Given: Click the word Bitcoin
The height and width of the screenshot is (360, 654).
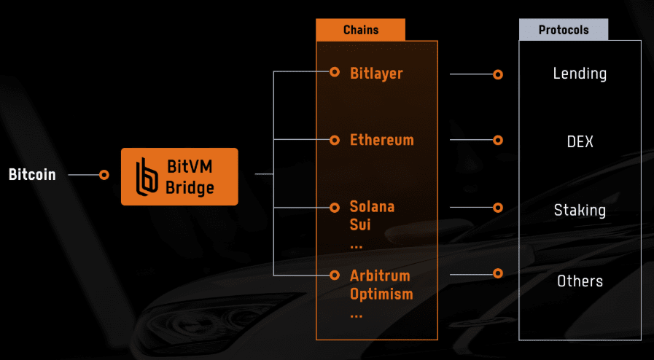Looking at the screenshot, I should pyautogui.click(x=32, y=175).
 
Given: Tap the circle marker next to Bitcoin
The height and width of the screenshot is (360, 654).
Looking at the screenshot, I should pyautogui.click(x=104, y=175).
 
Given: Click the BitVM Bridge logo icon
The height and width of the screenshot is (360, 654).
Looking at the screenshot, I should pyautogui.click(x=148, y=176).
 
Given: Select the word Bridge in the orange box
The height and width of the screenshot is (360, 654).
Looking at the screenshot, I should pyautogui.click(x=190, y=187).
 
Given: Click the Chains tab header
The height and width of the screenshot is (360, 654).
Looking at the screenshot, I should pyautogui.click(x=360, y=30).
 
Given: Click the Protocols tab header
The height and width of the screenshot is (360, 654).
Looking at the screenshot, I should pyautogui.click(x=563, y=30).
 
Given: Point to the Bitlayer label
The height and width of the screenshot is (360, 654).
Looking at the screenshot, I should pyautogui.click(x=376, y=73).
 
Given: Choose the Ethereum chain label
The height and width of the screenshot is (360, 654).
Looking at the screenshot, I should pyautogui.click(x=381, y=139).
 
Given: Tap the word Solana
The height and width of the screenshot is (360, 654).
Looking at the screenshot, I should pyautogui.click(x=372, y=206).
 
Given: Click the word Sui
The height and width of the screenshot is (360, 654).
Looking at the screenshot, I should pyautogui.click(x=360, y=224).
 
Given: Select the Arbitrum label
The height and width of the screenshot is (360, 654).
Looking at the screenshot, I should pyautogui.click(x=380, y=276).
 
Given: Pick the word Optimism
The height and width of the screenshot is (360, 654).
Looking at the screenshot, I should pyautogui.click(x=381, y=294).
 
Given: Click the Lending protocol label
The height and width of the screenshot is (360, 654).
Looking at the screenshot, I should pyautogui.click(x=580, y=74).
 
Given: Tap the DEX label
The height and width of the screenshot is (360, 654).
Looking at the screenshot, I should pyautogui.click(x=580, y=141).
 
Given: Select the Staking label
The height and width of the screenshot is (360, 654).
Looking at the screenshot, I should pyautogui.click(x=580, y=211).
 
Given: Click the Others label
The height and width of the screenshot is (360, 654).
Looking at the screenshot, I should pyautogui.click(x=580, y=281).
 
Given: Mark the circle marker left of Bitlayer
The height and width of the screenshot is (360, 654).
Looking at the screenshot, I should pyautogui.click(x=335, y=72).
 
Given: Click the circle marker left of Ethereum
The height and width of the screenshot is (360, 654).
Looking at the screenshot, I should pyautogui.click(x=335, y=139).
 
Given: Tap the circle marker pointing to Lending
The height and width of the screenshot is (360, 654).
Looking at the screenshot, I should pyautogui.click(x=498, y=74).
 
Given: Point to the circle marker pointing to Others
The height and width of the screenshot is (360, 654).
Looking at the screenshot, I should pyautogui.click(x=498, y=274).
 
